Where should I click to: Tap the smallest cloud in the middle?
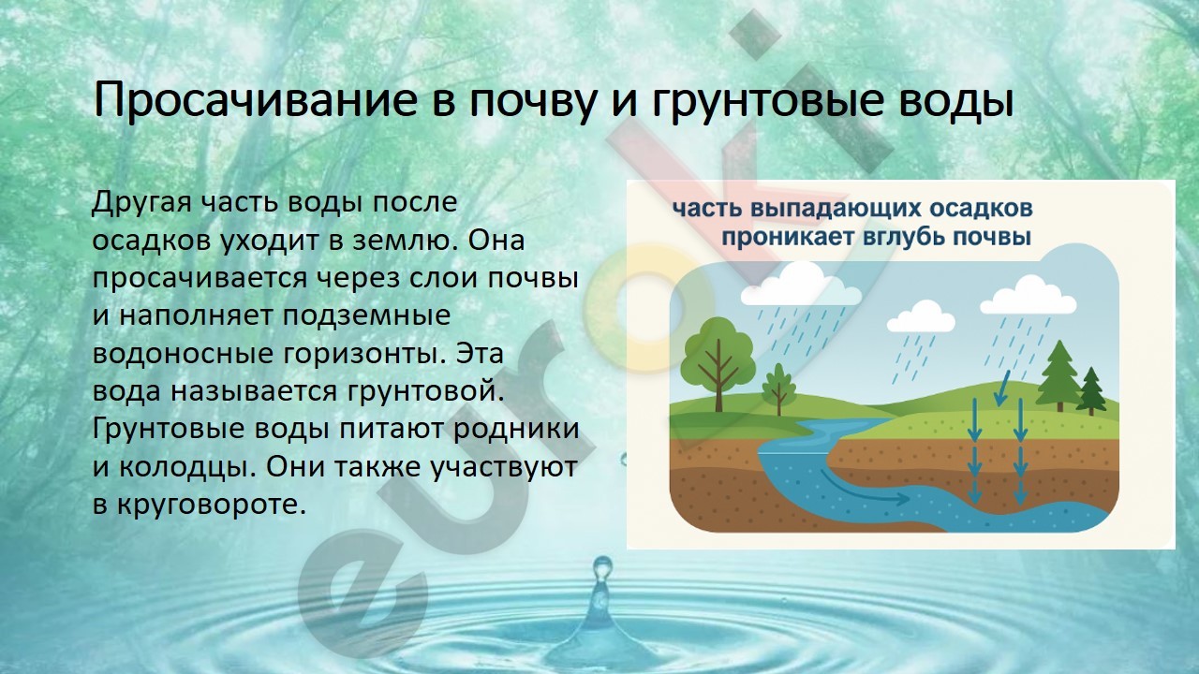pos(921,317)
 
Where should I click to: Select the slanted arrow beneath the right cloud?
pos(1002,388)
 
